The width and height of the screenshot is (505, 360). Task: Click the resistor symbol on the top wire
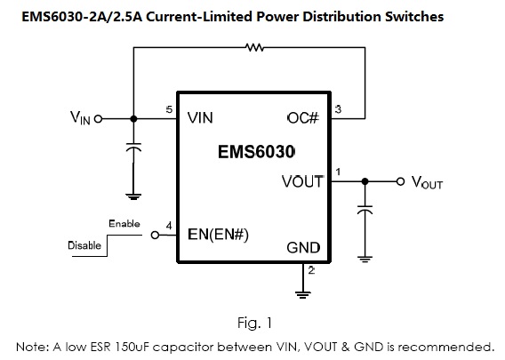[x=254, y=48]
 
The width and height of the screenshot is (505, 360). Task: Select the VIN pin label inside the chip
[x=200, y=118]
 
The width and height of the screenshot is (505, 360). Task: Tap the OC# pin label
[x=303, y=118]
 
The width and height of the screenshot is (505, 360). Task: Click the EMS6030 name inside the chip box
[x=256, y=152]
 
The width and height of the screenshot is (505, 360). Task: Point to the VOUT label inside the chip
[x=303, y=181]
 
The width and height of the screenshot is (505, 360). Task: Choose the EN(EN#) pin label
[x=218, y=235]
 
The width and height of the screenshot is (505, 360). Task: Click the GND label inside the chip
[x=303, y=248]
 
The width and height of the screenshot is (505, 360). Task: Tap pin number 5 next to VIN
[x=169, y=109]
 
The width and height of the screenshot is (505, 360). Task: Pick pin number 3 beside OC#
[x=338, y=109]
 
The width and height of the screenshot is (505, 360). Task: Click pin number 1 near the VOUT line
[x=338, y=172]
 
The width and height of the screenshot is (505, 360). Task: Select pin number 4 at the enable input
[x=169, y=226]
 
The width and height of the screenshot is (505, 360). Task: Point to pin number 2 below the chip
[x=311, y=270]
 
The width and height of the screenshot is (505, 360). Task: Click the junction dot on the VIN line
[x=133, y=119]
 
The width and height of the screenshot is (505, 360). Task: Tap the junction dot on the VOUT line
[x=365, y=181]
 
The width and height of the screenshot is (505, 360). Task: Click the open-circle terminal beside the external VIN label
[x=98, y=119]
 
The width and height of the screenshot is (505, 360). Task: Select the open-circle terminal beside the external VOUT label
[x=400, y=181]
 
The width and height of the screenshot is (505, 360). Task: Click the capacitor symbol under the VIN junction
[x=133, y=147]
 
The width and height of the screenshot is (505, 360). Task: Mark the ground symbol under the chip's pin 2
[x=303, y=294]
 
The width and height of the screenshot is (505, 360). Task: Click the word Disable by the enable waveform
[x=84, y=245]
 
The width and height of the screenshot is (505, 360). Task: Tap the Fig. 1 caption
[x=255, y=323]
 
